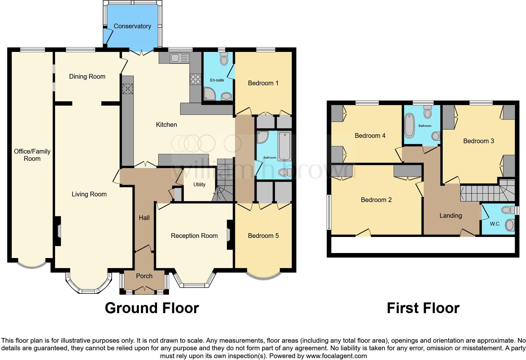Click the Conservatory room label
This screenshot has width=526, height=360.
click(x=132, y=26)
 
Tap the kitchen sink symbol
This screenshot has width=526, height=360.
click(x=179, y=58)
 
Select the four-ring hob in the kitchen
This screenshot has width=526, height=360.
click(x=195, y=79)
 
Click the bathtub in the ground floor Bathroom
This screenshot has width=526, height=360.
click(x=285, y=146)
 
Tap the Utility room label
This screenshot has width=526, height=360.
click(x=199, y=185)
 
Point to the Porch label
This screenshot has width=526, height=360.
click(x=144, y=276)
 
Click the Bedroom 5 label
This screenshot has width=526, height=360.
click(x=263, y=236)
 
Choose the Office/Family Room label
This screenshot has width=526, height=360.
click(x=32, y=155)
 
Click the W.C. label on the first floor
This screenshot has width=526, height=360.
click(x=495, y=224)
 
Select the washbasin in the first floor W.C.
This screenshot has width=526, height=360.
click(x=510, y=225)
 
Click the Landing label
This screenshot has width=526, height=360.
click(x=450, y=216)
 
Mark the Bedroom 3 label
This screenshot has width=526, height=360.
click(x=478, y=141)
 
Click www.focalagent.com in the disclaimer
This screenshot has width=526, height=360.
click(x=336, y=356)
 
